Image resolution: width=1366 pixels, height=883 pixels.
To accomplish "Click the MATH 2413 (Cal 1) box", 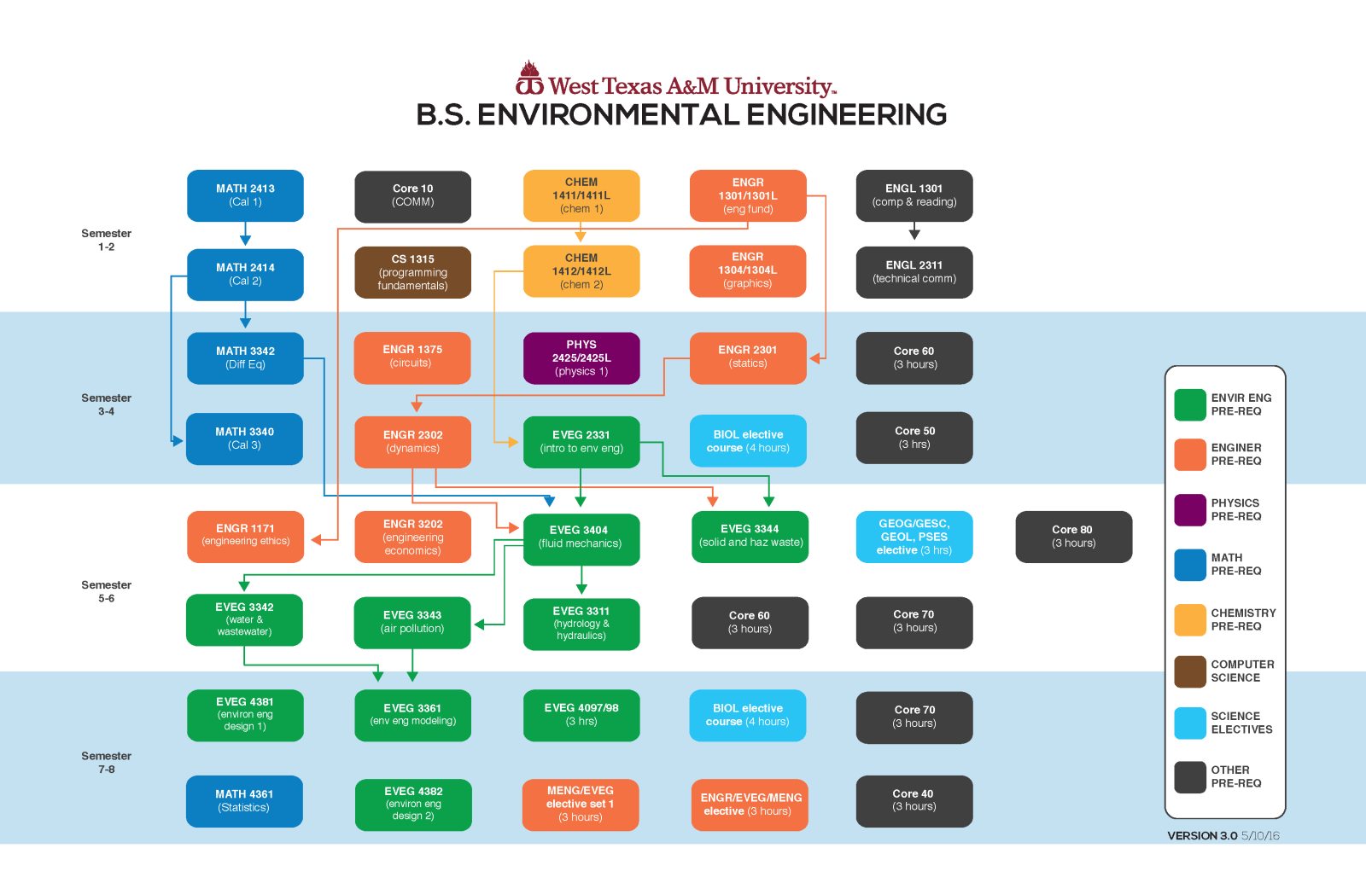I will (245, 195).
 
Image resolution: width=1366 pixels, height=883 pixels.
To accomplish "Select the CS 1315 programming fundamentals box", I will (412, 272).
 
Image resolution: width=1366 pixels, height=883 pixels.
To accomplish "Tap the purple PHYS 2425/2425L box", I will (581, 358).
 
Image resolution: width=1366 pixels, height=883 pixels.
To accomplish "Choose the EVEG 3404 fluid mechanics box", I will (581, 539).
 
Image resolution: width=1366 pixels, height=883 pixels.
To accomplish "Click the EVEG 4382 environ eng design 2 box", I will (413, 804).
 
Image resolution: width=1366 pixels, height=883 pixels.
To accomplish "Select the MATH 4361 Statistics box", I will (244, 801).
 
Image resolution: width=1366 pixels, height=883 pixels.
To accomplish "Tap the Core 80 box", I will (1073, 537).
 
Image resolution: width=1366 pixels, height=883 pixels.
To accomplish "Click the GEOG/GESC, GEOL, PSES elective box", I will (914, 537).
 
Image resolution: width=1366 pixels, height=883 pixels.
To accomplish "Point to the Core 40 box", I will (914, 801).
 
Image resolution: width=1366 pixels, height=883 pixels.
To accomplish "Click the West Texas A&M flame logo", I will (529, 78).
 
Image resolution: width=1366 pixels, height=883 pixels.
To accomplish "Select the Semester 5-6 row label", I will (106, 591).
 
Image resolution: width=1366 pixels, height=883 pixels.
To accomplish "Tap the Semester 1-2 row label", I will (106, 240).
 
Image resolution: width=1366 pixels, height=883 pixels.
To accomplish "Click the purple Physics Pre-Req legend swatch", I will (1189, 510).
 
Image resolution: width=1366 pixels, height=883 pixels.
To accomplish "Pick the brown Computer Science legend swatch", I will (1189, 671).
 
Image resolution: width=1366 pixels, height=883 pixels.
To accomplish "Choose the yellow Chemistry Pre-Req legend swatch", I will (1189, 620).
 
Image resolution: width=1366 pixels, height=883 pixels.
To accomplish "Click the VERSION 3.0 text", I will (1202, 836).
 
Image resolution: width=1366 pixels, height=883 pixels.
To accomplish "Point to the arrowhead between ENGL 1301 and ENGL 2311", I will (914, 234).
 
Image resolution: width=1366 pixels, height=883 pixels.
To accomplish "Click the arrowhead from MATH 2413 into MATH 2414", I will (245, 240).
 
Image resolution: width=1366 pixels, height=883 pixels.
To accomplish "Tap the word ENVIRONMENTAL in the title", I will (608, 115).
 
